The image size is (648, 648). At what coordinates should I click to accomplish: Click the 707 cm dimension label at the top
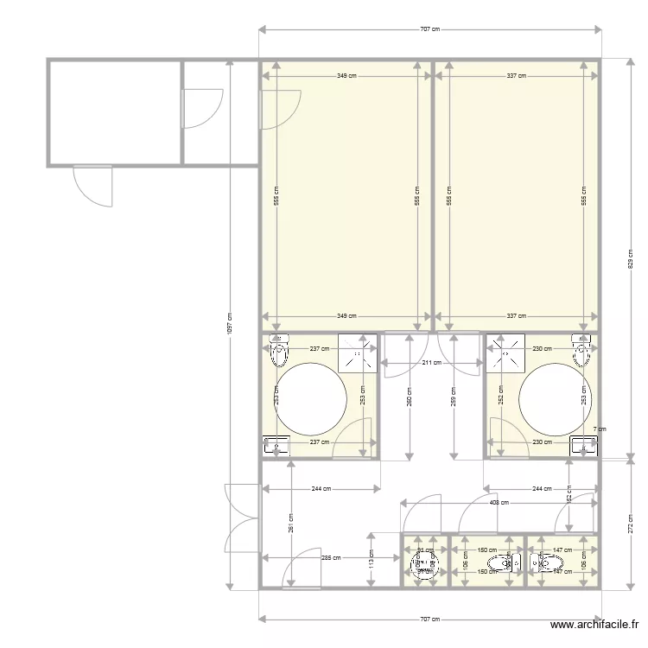429,29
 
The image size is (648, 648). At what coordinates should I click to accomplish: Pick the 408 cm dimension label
499,502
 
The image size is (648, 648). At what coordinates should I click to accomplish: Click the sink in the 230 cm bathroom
584,446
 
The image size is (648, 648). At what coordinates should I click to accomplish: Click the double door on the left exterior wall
241,518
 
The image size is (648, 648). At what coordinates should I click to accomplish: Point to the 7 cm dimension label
599,429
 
